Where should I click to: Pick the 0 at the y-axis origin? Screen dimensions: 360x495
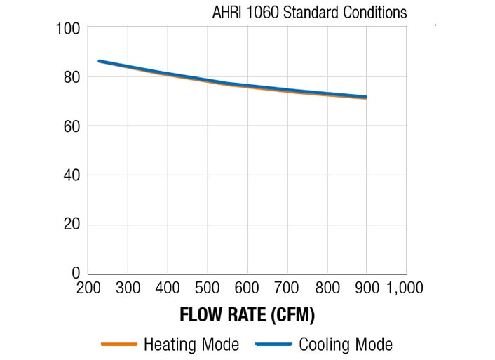[x=75, y=272]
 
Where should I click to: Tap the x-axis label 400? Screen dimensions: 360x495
[x=167, y=288]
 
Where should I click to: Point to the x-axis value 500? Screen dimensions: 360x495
[x=207, y=288]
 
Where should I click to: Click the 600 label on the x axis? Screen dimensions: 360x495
[x=247, y=288]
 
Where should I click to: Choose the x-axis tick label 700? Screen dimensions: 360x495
[x=287, y=288]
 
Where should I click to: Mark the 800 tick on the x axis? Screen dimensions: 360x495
[x=327, y=288]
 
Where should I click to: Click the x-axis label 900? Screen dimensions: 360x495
[x=366, y=288]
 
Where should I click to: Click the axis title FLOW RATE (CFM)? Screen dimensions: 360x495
[x=247, y=315]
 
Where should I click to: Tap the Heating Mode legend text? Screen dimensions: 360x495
[x=191, y=345]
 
